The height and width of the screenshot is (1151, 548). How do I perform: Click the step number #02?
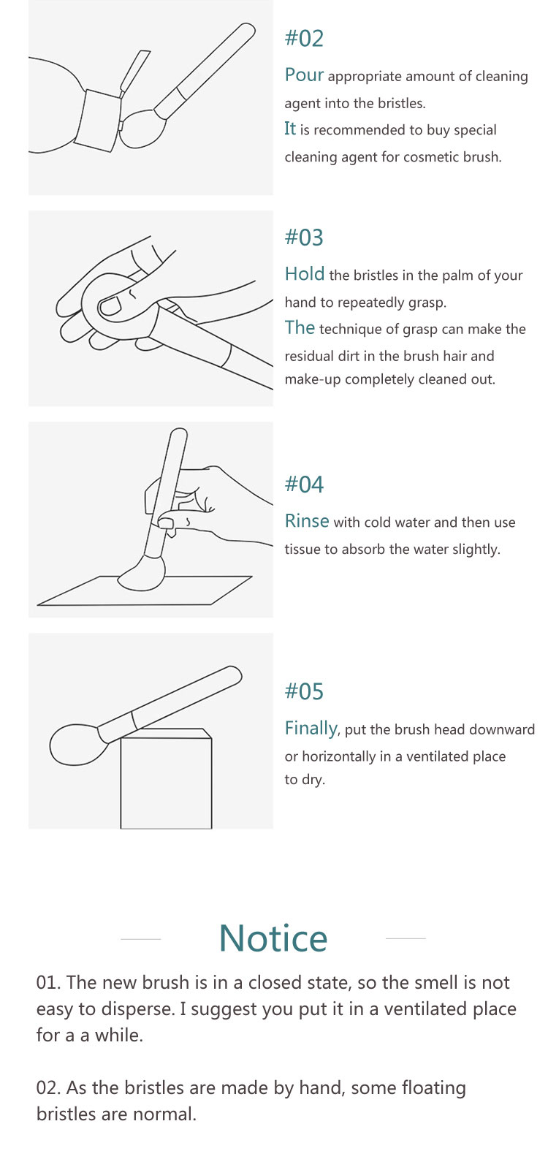304,39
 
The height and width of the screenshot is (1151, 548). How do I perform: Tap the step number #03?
304,238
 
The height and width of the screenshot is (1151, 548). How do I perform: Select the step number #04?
304,484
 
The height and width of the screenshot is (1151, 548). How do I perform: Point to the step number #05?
304,691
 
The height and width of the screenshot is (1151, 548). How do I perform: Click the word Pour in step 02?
304,75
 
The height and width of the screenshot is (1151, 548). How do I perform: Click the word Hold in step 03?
305,274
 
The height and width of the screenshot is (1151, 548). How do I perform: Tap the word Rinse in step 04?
307,521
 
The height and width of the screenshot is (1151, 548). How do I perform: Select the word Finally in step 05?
311,729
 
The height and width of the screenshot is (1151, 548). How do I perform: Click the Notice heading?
273,938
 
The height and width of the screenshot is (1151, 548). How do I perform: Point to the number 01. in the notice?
48,982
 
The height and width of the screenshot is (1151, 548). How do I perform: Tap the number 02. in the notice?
48,1088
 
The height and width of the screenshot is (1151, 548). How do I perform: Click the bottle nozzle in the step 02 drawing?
135,72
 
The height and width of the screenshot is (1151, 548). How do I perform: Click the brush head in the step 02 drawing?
142,127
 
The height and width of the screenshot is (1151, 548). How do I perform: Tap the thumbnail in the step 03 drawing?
110,307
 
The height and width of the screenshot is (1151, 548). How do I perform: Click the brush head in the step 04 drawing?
142,574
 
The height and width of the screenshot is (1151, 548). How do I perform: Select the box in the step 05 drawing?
166,778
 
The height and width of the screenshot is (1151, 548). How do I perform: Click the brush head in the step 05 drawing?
79,745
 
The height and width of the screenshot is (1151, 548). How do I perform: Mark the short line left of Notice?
141,939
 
